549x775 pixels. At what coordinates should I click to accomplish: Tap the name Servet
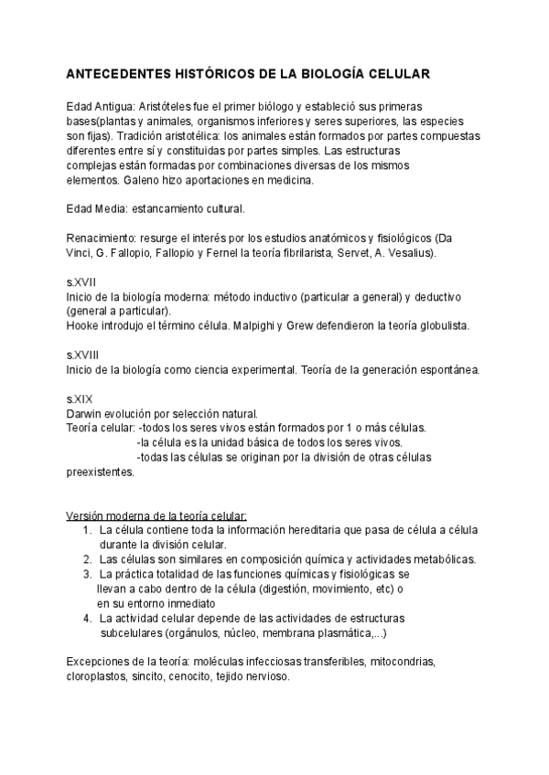365,252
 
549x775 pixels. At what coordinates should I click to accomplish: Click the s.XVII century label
81,282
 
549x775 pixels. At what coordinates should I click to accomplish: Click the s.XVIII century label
83,355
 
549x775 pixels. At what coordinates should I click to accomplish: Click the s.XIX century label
80,399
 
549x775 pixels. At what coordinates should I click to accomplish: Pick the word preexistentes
100,472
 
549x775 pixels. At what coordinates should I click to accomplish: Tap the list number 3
87,574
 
